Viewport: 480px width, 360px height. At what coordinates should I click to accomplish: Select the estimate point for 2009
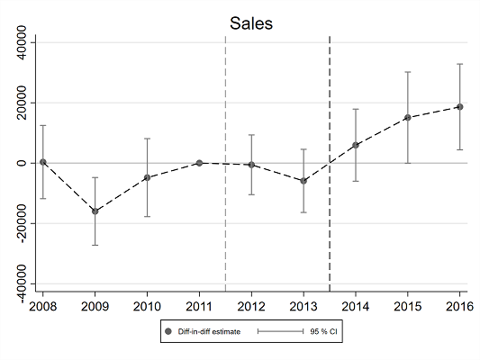click(x=95, y=211)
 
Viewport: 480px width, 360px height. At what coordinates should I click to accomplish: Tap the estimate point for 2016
click(x=460, y=107)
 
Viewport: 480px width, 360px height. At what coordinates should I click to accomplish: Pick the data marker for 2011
click(x=199, y=163)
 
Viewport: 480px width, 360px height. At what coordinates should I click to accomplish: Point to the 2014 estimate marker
click(x=356, y=145)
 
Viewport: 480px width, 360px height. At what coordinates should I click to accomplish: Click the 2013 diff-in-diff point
click(x=303, y=181)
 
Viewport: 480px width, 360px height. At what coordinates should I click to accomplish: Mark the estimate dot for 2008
click(x=42, y=162)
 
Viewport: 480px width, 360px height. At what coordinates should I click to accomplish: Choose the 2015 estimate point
click(x=408, y=117)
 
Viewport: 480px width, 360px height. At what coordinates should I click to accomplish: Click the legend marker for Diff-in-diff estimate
click(x=168, y=332)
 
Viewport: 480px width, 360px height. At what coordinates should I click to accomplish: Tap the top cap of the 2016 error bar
click(x=460, y=64)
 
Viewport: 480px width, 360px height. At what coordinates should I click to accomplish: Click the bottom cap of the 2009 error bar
click(x=95, y=245)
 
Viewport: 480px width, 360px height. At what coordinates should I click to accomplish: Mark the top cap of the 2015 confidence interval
click(x=408, y=72)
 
